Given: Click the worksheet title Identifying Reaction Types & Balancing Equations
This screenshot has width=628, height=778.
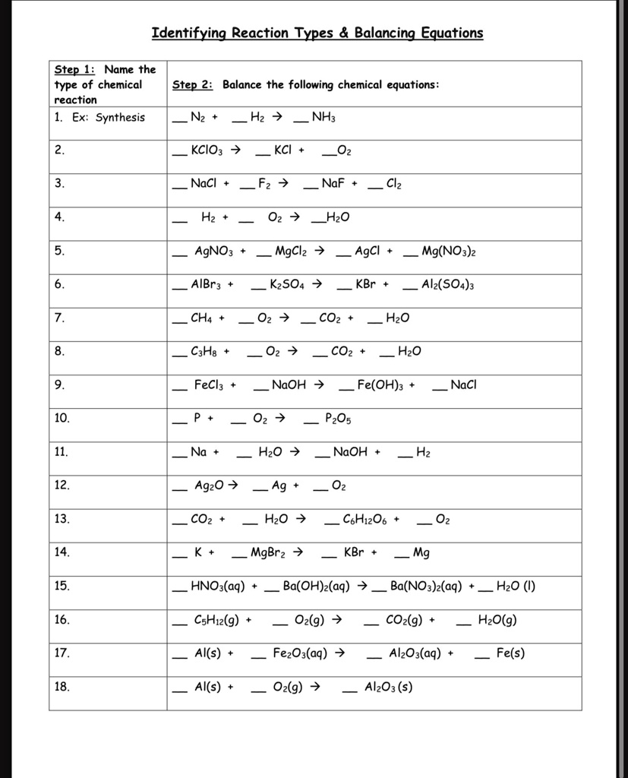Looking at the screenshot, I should pyautogui.click(x=317, y=33).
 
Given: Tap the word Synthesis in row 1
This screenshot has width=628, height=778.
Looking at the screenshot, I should pyautogui.click(x=120, y=118).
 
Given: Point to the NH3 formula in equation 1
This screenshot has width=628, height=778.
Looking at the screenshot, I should pyautogui.click(x=323, y=118).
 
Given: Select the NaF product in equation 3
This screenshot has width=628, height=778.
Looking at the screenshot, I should pyautogui.click(x=334, y=184).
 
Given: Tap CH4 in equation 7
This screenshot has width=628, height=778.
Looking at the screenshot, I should pyautogui.click(x=202, y=318).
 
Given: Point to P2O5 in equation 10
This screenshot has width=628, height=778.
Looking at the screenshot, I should pyautogui.click(x=338, y=419).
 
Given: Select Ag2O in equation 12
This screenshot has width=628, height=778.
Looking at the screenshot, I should pyautogui.click(x=208, y=485).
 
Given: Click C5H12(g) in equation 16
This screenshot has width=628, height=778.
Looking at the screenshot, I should pyautogui.click(x=217, y=620).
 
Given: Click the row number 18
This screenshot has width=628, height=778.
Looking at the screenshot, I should pyautogui.click(x=62, y=687).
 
